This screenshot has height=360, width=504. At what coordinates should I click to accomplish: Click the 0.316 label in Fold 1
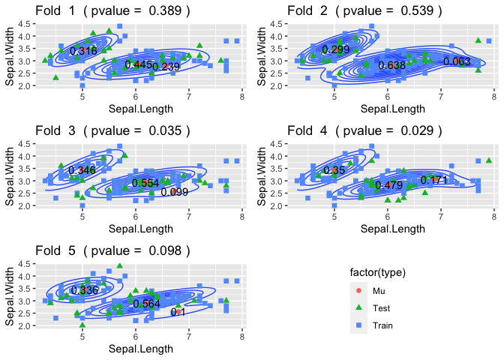pyautogui.click(x=83, y=51)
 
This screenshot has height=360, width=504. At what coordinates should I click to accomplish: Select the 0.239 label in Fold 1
pyautogui.click(x=166, y=67)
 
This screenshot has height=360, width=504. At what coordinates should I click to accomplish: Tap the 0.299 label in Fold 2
pyautogui.click(x=335, y=49)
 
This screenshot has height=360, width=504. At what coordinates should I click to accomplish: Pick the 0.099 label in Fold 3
pyautogui.click(x=174, y=192)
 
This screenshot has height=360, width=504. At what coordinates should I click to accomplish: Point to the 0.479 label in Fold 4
pyautogui.click(x=389, y=185)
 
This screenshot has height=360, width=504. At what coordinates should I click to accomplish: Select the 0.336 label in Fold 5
pyautogui.click(x=84, y=290)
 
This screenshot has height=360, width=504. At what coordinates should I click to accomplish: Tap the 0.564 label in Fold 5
pyautogui.click(x=146, y=304)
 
